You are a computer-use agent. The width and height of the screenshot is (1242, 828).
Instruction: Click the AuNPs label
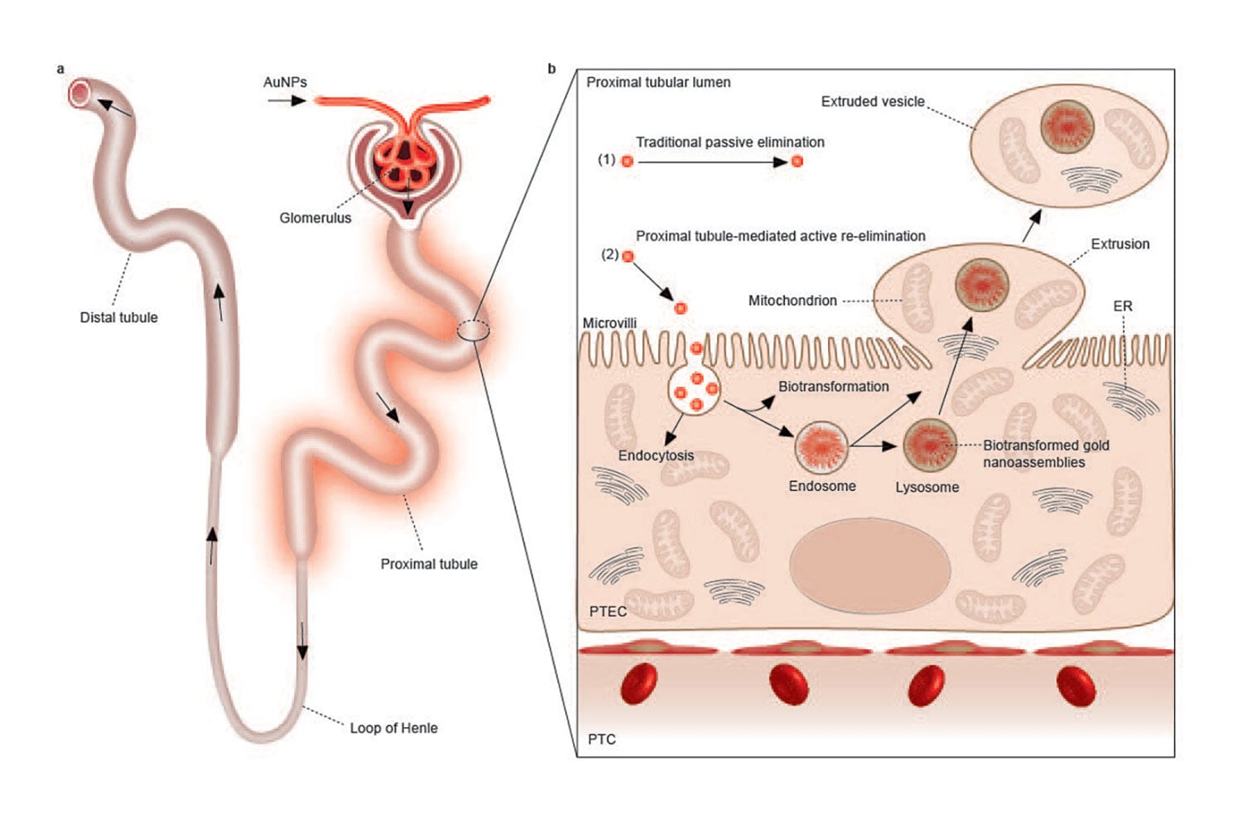click(285, 82)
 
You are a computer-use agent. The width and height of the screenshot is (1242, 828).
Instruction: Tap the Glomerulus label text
click(315, 218)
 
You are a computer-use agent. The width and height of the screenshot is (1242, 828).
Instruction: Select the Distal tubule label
click(118, 317)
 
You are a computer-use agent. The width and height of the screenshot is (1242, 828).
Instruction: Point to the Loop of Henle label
click(393, 728)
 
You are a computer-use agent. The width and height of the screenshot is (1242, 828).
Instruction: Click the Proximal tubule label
click(429, 564)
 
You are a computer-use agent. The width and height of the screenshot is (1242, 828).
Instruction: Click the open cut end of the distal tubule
click(79, 94)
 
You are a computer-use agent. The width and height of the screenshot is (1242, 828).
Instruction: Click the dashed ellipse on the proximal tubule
click(474, 331)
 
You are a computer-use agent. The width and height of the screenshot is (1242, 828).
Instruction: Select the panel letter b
click(551, 69)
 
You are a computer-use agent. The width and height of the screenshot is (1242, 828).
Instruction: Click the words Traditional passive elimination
click(729, 142)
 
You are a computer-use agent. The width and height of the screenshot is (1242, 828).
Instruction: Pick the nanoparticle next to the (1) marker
click(628, 161)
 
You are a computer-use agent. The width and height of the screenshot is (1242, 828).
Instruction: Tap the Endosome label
click(821, 486)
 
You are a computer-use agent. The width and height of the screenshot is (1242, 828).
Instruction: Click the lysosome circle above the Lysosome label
click(929, 445)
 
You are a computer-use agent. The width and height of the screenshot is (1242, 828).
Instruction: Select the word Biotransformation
click(833, 387)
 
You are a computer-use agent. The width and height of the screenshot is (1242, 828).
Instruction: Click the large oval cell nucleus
click(869, 566)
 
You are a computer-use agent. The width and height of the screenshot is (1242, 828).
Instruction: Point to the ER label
click(1122, 306)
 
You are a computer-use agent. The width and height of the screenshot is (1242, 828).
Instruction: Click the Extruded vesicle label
click(872, 102)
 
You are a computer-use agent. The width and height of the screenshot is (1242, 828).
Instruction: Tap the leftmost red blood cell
click(638, 684)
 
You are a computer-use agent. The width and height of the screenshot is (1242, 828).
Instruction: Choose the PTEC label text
click(608, 611)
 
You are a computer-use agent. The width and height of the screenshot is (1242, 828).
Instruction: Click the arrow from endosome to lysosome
click(875, 446)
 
